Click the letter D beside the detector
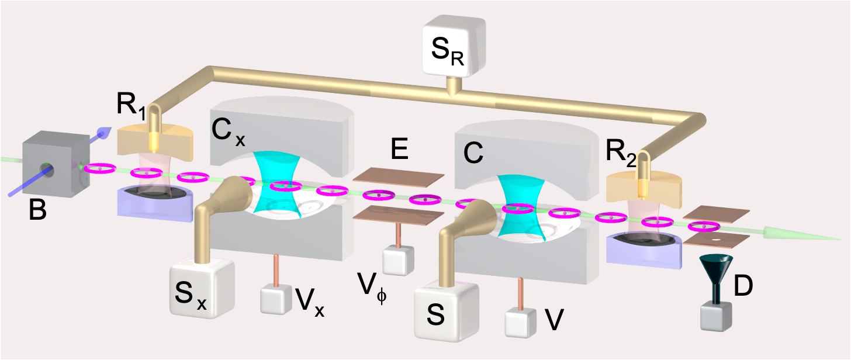tap(743, 286)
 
